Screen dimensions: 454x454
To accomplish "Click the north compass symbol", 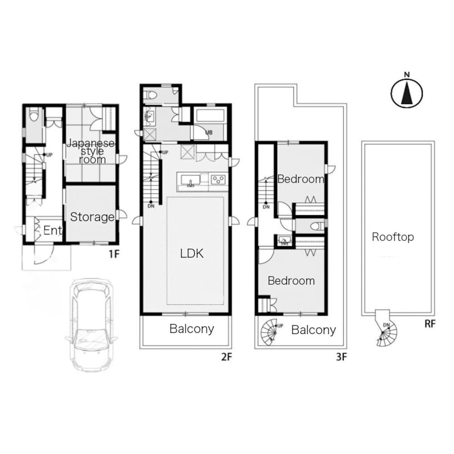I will (407, 94).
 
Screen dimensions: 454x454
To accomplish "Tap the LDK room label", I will (192, 253).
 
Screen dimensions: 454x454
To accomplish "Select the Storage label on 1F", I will (92, 217).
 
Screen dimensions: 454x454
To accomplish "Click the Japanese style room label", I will (91, 152).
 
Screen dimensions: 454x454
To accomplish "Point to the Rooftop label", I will (393, 237).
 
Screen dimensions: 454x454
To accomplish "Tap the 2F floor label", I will (227, 357).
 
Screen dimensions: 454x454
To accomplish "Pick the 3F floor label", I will (341, 357).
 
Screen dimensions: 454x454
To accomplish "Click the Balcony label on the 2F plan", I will (192, 329).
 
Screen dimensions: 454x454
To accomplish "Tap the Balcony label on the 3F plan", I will (313, 330).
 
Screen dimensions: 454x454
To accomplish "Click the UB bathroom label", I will (209, 133).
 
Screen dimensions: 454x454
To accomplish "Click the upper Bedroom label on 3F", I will (301, 179).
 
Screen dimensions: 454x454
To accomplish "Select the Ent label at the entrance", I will (52, 231).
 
